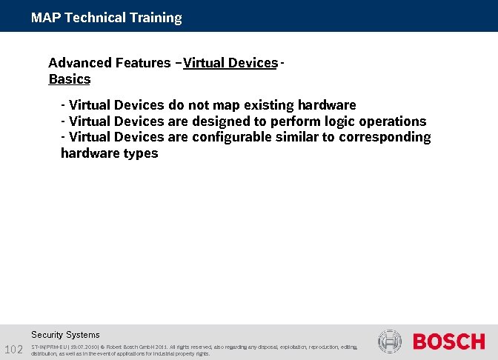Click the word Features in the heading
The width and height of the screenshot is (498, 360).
pos(142,63)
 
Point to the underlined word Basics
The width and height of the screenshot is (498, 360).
pos(69,79)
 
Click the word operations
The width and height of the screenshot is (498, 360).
pos(394,121)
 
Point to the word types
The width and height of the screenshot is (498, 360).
pos(141,154)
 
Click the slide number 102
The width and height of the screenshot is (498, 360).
pos(14,350)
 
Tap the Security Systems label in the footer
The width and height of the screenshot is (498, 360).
pos(65,335)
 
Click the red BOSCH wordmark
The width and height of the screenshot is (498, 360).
pos(448,342)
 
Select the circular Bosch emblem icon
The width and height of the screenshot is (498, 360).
pos(389,341)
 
